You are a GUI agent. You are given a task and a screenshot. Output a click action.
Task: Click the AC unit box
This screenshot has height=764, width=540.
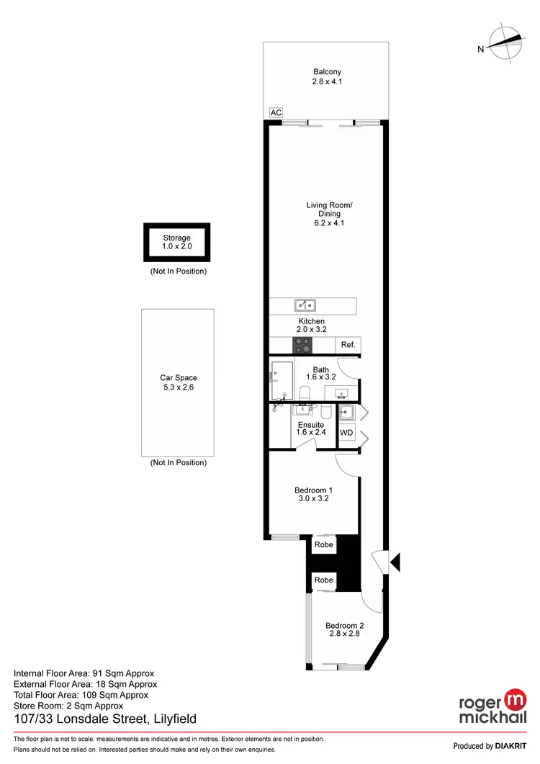pyautogui.click(x=276, y=112)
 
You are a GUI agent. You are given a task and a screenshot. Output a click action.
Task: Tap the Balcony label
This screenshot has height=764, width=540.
pyautogui.click(x=327, y=71)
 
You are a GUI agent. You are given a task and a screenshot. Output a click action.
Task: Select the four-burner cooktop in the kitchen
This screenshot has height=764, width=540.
pyautogui.click(x=302, y=346)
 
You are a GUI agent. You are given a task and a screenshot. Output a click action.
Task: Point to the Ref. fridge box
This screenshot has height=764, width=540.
pyautogui.click(x=348, y=346)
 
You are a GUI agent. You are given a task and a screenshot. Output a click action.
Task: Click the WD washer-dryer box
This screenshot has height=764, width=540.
pyautogui.click(x=346, y=433)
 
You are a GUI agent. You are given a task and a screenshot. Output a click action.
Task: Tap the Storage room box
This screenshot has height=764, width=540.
pyautogui.click(x=176, y=242)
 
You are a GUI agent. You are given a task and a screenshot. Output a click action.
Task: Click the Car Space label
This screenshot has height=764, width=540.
pyautogui.click(x=178, y=377)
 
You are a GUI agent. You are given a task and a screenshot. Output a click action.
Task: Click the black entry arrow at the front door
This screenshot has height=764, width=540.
pyautogui.click(x=394, y=562)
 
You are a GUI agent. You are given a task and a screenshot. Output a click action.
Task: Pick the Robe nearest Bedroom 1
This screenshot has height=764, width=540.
pyautogui.click(x=324, y=545)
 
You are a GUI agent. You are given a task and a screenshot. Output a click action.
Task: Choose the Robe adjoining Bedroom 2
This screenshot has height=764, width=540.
pyautogui.click(x=324, y=580)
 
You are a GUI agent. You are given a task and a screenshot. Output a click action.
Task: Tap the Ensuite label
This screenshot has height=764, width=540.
pyautogui.click(x=311, y=425)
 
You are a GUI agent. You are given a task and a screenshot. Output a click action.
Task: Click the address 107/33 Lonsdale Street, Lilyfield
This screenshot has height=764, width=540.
pyautogui.click(x=105, y=719)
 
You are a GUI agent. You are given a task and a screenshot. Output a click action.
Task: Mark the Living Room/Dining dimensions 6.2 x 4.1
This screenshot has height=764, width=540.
pyautogui.click(x=330, y=223)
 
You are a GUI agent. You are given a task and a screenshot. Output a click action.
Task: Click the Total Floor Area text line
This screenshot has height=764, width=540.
pyautogui.click(x=81, y=695)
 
